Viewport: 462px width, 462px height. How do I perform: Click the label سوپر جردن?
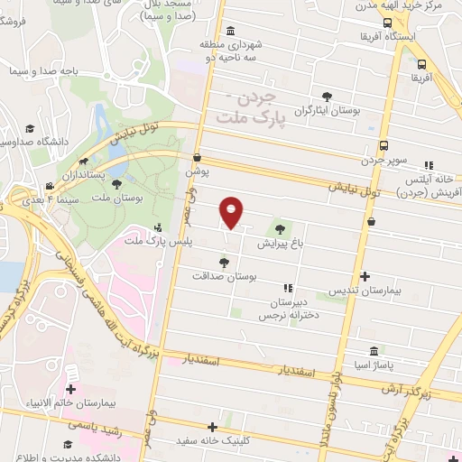point(385,160)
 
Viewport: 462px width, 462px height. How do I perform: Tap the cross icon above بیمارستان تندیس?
point(365,277)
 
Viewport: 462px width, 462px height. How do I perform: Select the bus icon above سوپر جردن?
point(385,145)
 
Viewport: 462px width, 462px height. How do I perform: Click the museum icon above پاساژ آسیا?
point(374,350)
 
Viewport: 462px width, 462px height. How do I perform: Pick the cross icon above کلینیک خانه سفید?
point(213,427)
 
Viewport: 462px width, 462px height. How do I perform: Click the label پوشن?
point(197,171)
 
